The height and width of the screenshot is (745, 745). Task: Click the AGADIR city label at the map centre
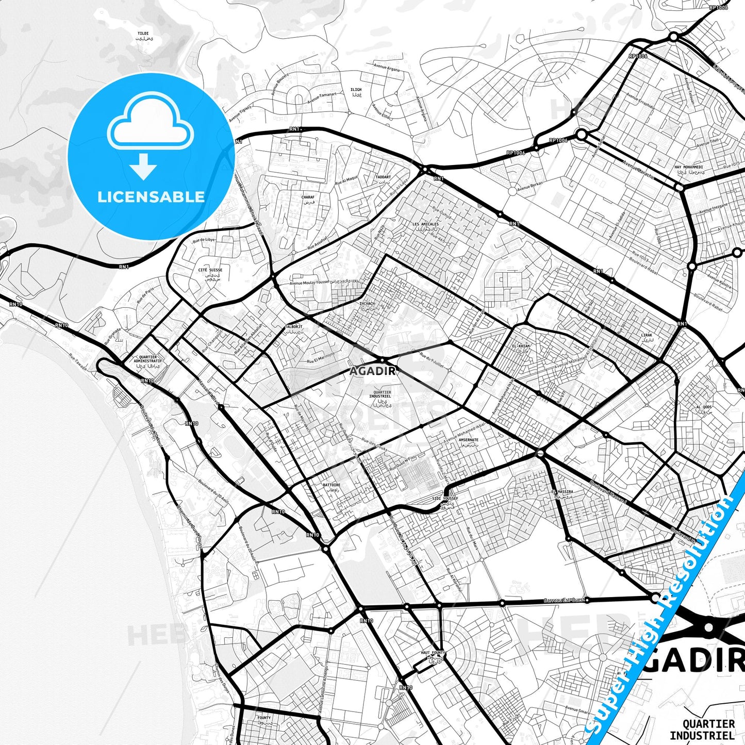point(373,371)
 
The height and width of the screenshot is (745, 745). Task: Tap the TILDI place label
point(143,34)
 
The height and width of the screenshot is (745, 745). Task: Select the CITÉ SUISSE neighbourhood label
point(210,270)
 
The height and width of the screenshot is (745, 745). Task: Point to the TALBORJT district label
point(293,327)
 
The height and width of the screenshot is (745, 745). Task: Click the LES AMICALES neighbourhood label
point(426,224)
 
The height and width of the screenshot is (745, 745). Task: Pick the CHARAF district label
point(308,197)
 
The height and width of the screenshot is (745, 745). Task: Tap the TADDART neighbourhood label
point(383,177)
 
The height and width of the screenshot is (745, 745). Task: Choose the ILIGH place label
point(356,90)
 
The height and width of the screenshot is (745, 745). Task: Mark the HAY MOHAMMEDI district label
point(688,168)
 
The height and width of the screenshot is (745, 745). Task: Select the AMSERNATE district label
point(468,440)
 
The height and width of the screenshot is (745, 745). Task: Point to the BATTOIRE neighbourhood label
point(332,485)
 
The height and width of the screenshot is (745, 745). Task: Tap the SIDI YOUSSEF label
point(445,499)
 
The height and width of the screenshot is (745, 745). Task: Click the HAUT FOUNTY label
point(433,653)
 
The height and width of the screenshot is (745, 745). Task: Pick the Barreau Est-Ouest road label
point(564,600)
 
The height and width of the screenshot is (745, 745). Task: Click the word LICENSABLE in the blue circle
point(151,197)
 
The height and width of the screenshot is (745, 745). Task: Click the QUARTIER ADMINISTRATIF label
point(147,359)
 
